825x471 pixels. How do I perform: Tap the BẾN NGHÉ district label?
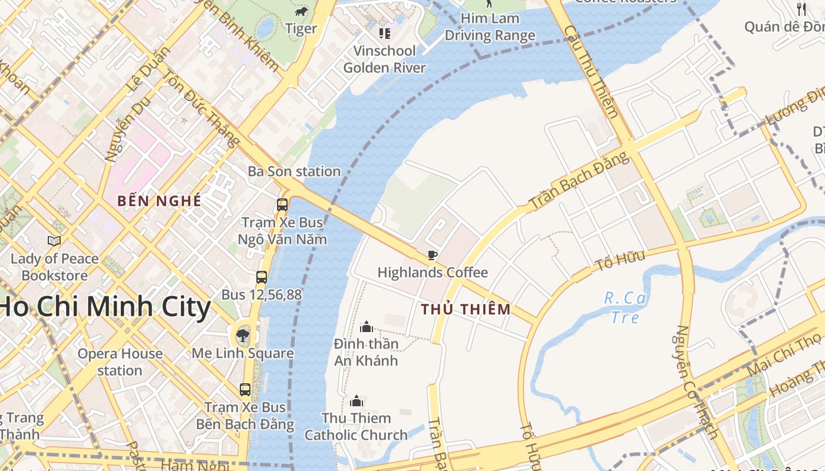click(x=159, y=201)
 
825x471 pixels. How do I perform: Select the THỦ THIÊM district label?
click(x=466, y=309)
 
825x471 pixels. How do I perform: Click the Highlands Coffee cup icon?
click(x=433, y=255)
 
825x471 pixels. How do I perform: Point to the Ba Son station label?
click(x=294, y=171)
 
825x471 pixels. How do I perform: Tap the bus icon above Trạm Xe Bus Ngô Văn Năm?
click(x=282, y=205)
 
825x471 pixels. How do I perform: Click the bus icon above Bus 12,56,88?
click(x=262, y=277)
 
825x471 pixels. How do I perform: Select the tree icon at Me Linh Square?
click(x=242, y=336)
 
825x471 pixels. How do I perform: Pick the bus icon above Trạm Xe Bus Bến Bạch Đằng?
click(x=245, y=389)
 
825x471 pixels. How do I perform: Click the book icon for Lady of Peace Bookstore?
click(x=54, y=241)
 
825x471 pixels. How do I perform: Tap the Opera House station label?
click(x=120, y=362)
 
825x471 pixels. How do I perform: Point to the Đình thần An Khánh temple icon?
click(x=367, y=326)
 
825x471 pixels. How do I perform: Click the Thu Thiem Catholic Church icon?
click(x=356, y=402)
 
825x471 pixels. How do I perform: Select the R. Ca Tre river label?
click(x=625, y=308)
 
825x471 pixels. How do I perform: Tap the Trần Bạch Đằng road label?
click(x=579, y=180)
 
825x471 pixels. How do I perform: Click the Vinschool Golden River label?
click(x=384, y=59)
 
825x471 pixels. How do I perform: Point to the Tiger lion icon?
click(x=301, y=12)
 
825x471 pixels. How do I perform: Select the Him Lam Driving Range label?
click(x=490, y=27)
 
